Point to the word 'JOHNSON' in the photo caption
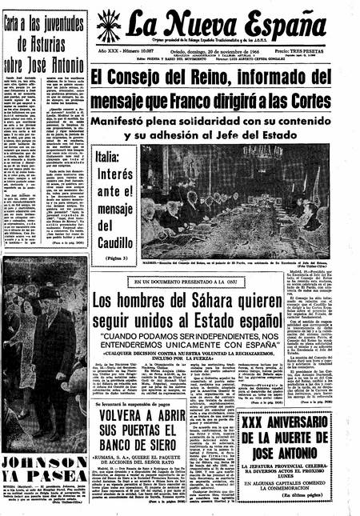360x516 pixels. [38, 467]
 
